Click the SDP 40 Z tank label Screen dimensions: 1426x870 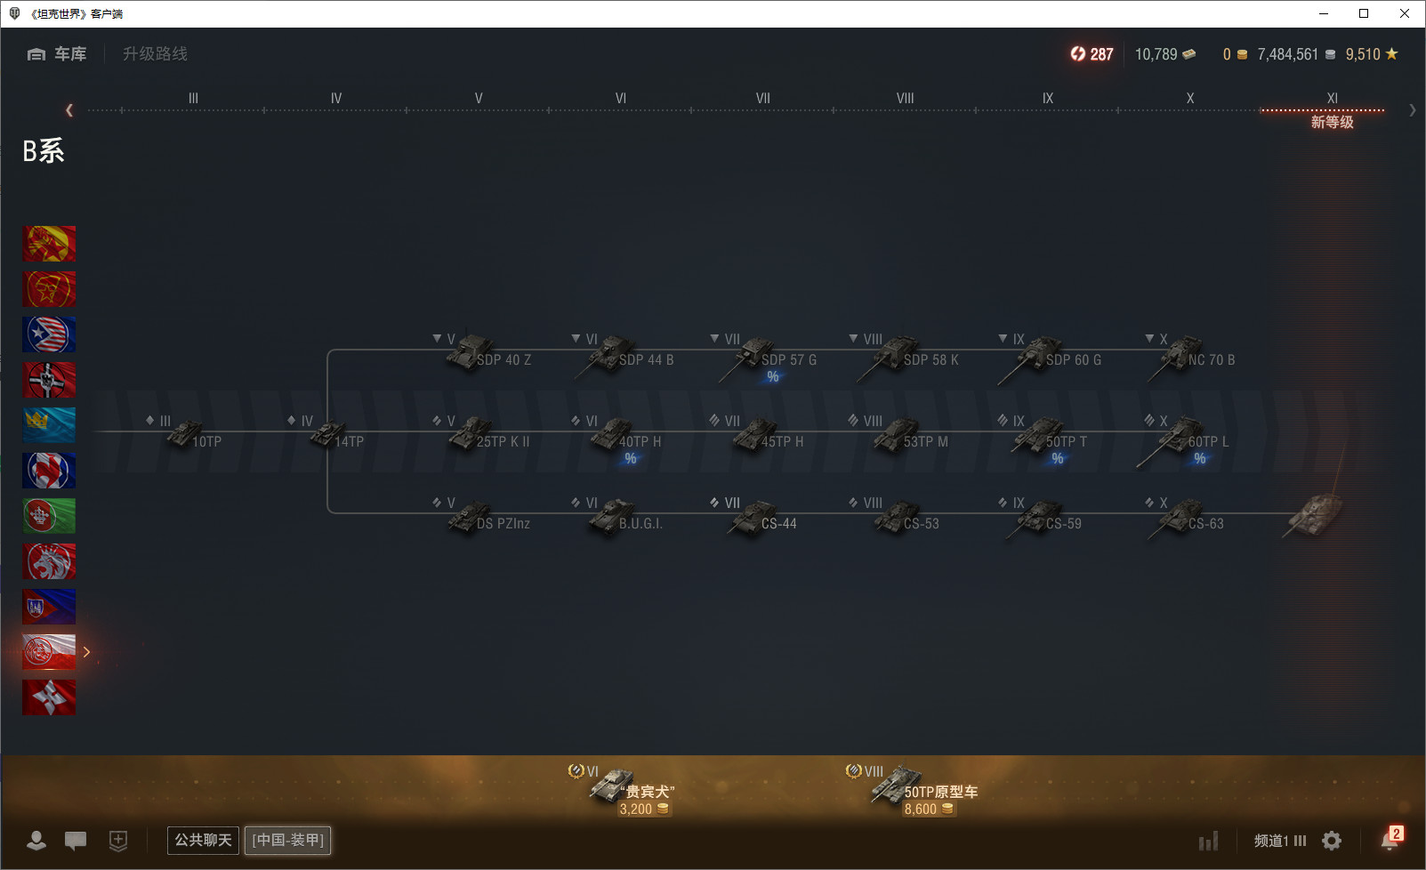(x=504, y=360)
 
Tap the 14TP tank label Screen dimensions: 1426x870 (x=350, y=442)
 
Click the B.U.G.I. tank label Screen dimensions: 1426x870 (x=640, y=524)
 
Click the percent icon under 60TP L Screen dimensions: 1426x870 (x=1199, y=458)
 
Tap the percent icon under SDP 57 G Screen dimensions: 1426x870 (x=773, y=376)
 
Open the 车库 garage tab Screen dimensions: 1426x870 (x=57, y=54)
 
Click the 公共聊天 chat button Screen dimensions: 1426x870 (x=203, y=840)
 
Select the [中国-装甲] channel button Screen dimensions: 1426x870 (x=287, y=840)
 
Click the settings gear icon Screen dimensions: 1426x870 (x=1332, y=841)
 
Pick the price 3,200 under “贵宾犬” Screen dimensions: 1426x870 (x=635, y=809)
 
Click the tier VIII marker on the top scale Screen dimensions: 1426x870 (x=905, y=99)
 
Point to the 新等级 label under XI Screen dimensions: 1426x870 (x=1332, y=122)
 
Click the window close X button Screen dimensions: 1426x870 (x=1405, y=13)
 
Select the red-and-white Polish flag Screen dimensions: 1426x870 (x=49, y=652)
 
